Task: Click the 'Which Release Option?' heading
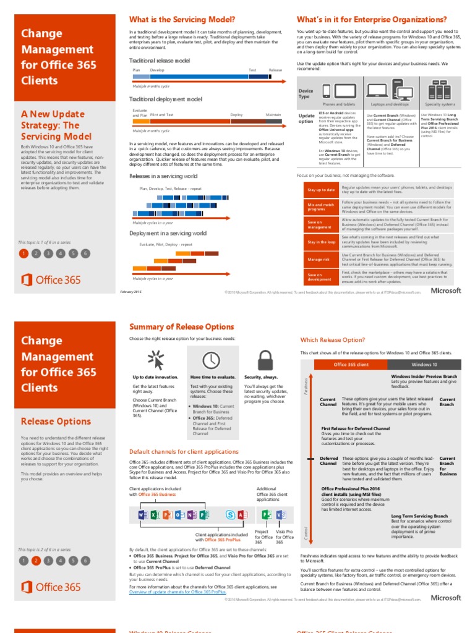point(333,340)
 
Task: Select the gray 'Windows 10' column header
point(424,365)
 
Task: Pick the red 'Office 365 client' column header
point(351,365)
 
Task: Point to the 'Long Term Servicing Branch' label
point(419,516)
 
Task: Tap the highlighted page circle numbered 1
point(23,253)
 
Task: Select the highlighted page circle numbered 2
point(36,561)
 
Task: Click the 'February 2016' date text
point(130,291)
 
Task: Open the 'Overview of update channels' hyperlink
point(177,592)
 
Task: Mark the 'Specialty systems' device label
point(440,104)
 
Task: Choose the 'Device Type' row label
point(306,93)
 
